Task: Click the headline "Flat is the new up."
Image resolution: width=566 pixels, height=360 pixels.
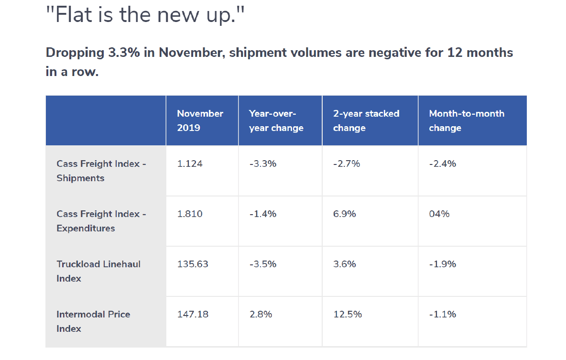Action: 148,15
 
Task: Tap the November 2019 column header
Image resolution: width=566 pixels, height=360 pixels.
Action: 200,120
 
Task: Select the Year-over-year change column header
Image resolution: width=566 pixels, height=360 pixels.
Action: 276,120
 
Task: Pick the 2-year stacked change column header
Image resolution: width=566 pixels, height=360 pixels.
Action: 366,120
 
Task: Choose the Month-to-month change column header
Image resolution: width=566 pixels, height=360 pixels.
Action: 467,120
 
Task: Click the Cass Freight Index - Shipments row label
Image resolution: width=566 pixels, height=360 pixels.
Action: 101,171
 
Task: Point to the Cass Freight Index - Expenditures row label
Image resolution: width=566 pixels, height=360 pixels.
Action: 101,221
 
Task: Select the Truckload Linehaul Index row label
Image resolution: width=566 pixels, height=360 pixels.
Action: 98,271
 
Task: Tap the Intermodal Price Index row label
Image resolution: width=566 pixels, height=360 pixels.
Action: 93,321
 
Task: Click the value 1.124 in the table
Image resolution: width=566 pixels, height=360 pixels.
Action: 190,164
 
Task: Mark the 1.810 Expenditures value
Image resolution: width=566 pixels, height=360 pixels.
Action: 190,214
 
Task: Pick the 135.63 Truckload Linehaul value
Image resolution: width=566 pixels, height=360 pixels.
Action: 193,264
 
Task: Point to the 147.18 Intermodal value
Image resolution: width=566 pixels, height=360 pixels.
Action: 193,314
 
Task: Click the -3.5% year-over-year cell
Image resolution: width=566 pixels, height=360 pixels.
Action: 263,264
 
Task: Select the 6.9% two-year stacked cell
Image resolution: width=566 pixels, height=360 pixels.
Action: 345,214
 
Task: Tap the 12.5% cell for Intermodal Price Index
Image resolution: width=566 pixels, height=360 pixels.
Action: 348,314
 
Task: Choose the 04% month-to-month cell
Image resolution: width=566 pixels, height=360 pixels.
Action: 439,214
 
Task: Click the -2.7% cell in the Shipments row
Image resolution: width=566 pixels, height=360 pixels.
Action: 347,164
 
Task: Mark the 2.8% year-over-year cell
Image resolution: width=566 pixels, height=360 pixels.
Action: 261,314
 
